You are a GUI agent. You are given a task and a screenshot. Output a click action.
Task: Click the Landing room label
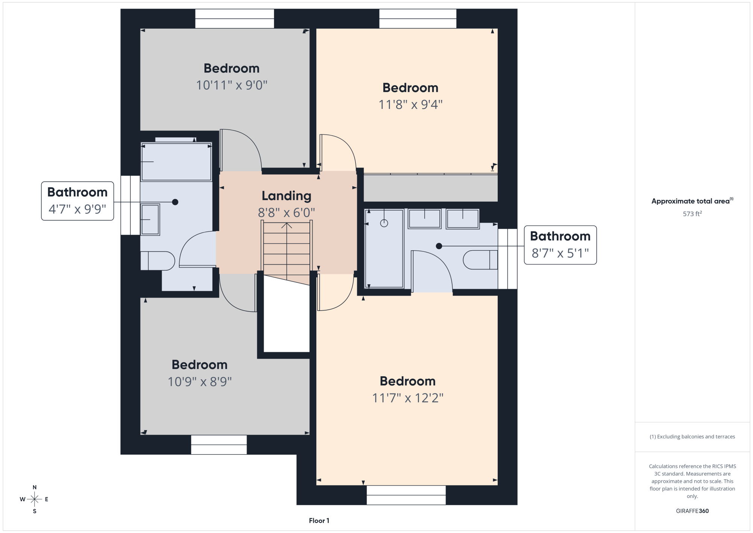(287, 196)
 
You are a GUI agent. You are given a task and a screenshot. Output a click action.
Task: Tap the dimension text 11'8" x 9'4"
(410, 104)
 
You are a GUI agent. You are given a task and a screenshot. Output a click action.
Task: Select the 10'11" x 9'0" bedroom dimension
(232, 85)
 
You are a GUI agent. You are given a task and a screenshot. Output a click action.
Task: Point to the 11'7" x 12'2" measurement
(408, 398)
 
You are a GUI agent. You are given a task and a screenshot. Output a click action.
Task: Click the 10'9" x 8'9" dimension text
(200, 382)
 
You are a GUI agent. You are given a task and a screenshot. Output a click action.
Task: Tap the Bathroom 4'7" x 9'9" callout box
(78, 201)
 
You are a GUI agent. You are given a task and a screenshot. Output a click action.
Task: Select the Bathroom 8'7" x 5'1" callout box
(560, 245)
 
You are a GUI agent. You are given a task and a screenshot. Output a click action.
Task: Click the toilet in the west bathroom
(157, 261)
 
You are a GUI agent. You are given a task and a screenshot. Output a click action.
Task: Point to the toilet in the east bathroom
(480, 260)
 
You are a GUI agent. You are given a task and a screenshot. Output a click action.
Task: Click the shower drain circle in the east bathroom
(384, 223)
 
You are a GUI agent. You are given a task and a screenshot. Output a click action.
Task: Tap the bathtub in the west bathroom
(176, 162)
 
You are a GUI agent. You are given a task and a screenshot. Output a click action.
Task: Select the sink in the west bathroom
(150, 219)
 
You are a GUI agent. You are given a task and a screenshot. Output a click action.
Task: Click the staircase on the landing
(287, 253)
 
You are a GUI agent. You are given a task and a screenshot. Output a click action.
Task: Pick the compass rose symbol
(34, 499)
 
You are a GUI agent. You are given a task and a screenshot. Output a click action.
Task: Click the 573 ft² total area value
(692, 214)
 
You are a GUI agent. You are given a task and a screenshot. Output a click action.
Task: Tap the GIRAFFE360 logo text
(692, 511)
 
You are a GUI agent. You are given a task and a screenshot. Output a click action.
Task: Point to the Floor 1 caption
(319, 521)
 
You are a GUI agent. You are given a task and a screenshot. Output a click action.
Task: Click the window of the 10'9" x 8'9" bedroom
(219, 445)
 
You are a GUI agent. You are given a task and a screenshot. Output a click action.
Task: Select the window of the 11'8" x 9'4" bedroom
(418, 18)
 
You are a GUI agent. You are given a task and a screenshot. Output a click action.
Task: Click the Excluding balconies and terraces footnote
(692, 437)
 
